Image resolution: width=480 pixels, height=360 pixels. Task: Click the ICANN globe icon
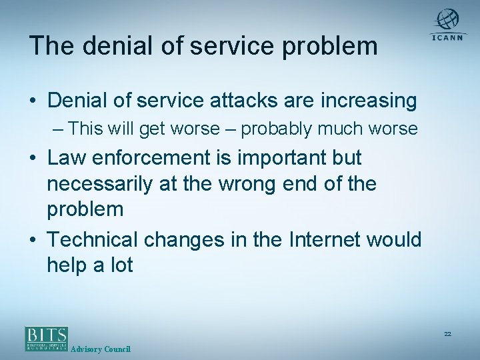point(448,19)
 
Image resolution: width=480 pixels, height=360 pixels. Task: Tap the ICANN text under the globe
point(448,38)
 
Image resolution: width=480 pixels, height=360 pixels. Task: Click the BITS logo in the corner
point(47,338)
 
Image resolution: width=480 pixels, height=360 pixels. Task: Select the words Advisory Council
point(100,349)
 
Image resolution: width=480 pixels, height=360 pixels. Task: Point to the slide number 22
point(447,333)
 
